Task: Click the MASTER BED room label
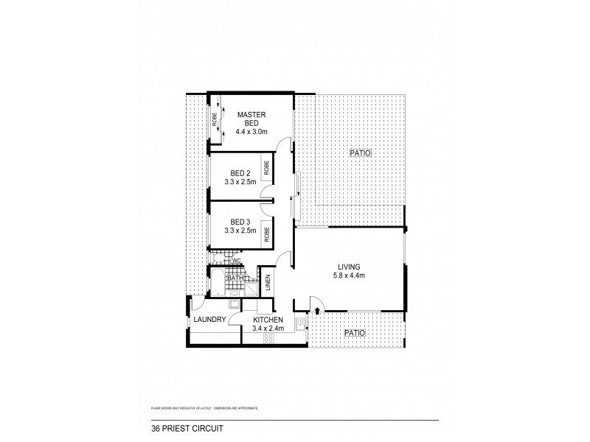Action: (x=251, y=119)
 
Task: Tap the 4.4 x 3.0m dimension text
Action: (x=251, y=132)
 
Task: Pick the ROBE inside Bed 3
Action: (x=266, y=234)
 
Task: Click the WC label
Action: (x=237, y=261)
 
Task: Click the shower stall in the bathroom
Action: (x=251, y=287)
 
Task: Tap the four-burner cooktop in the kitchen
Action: (x=268, y=338)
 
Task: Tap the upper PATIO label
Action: (x=360, y=153)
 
